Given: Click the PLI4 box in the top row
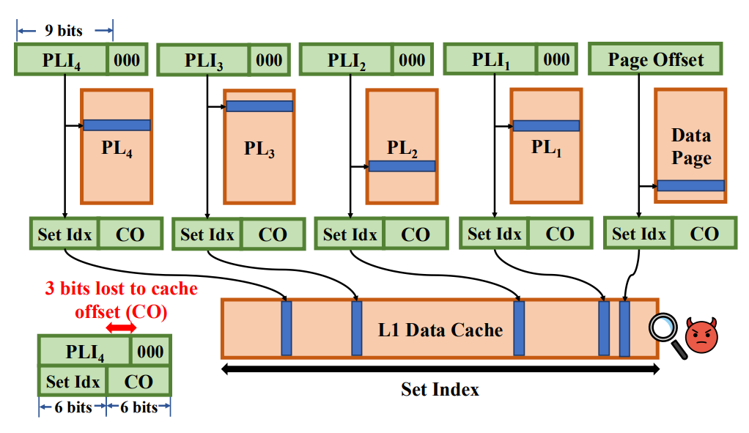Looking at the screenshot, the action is click(x=61, y=59).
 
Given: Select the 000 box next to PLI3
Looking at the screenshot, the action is click(x=270, y=60).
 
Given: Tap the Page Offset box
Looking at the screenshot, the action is click(x=655, y=59).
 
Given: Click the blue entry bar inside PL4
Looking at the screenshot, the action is click(x=117, y=125).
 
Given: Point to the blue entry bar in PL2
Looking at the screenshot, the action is click(x=402, y=166).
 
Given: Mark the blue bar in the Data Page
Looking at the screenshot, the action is click(x=690, y=185).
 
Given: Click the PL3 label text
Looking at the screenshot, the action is click(x=259, y=149).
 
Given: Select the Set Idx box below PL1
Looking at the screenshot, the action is click(x=495, y=234).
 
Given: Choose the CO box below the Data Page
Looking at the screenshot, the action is click(x=704, y=234).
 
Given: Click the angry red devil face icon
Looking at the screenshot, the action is click(x=701, y=335).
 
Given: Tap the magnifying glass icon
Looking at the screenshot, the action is click(x=668, y=335).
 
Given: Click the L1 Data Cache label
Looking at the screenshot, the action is click(x=440, y=330).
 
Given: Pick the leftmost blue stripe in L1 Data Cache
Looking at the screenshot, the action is click(x=286, y=328).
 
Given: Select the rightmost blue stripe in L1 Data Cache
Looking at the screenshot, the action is click(x=624, y=329).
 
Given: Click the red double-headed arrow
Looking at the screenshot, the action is click(x=121, y=327).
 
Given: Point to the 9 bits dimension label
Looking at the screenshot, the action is click(x=64, y=31).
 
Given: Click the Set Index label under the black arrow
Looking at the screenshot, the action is click(x=440, y=390).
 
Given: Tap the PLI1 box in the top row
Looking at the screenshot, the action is click(x=490, y=59).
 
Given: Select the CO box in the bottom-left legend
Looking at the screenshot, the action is click(x=139, y=382).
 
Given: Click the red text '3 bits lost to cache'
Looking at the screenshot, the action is click(x=122, y=289).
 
